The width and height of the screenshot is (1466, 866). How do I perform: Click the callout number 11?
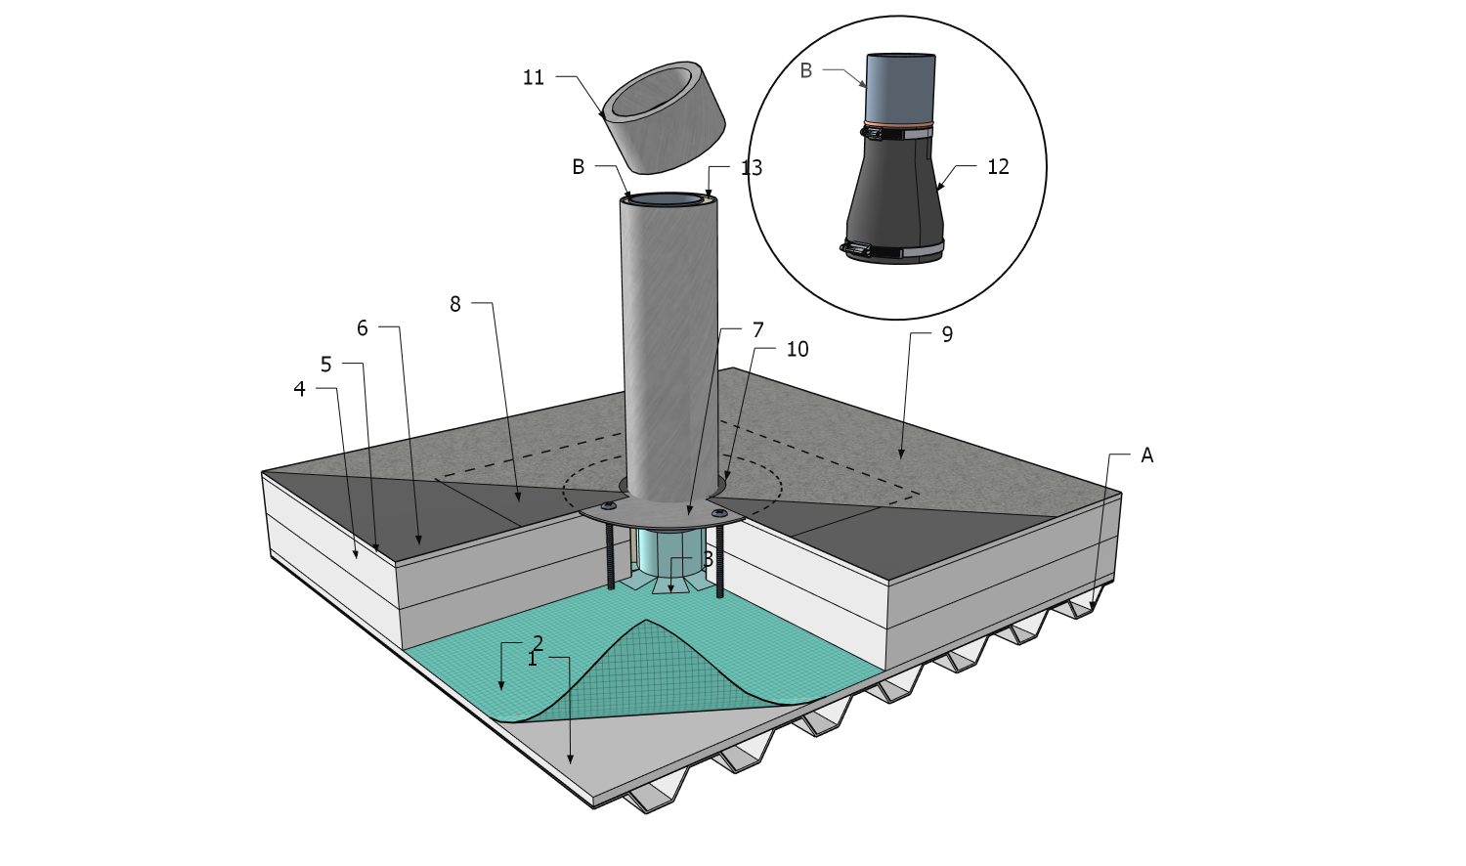click(x=533, y=77)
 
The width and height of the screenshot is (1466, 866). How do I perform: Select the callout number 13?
click(x=752, y=168)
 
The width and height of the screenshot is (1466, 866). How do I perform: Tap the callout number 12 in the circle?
click(x=998, y=167)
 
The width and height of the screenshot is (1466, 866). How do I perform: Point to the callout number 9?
click(x=946, y=334)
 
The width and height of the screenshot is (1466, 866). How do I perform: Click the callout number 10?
click(x=798, y=349)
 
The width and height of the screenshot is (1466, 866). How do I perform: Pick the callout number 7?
click(x=758, y=330)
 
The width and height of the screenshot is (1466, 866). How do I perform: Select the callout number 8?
click(x=454, y=304)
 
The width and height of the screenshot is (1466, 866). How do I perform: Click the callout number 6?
click(x=362, y=328)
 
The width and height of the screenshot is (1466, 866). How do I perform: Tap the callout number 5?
click(x=325, y=365)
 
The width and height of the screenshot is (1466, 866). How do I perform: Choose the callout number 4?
click(x=299, y=389)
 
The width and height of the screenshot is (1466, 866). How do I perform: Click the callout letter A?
click(x=1146, y=455)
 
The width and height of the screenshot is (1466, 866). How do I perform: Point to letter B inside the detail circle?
click(x=805, y=70)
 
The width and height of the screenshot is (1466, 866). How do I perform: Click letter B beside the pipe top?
click(x=578, y=167)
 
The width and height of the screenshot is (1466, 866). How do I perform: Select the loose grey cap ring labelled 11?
click(x=663, y=115)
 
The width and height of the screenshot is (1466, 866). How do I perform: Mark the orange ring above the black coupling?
click(x=899, y=125)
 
